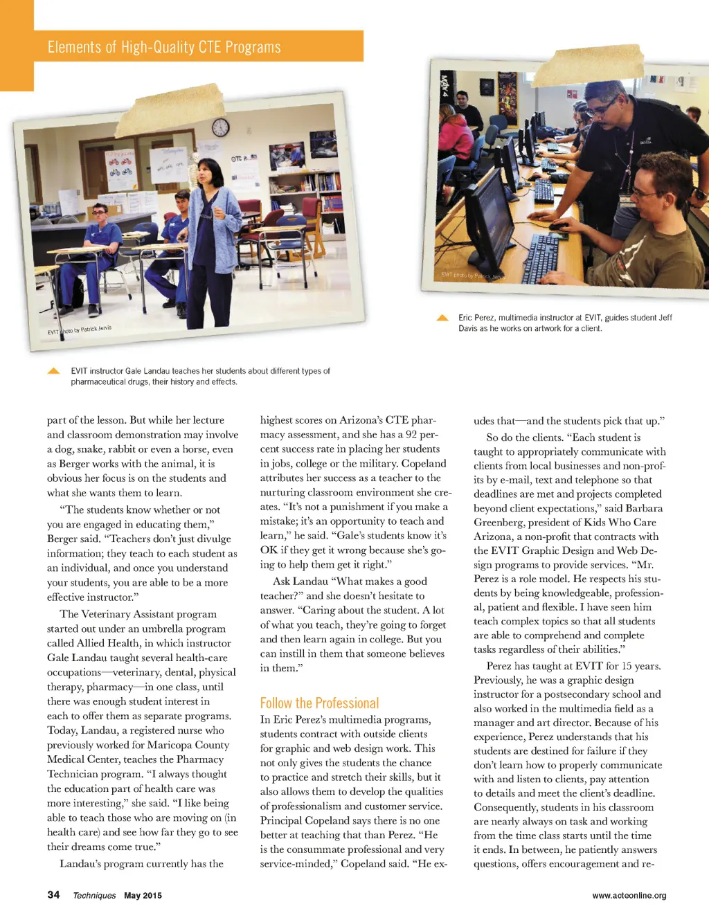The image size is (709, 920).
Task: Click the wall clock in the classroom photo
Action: (220, 127)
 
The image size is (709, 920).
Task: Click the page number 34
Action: (53, 894)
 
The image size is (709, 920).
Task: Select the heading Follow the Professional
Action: (319, 703)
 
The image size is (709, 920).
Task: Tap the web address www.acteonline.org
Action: (629, 895)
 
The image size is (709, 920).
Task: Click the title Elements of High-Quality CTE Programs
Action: (164, 47)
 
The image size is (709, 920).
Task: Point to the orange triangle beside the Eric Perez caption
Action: (442, 318)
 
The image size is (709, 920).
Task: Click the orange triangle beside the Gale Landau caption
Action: (53, 371)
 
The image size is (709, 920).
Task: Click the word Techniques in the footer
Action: (94, 895)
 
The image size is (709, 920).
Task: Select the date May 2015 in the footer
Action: (143, 895)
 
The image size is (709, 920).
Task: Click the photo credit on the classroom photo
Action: (79, 330)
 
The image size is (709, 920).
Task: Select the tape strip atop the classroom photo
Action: (170, 109)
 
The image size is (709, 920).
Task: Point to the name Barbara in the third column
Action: (644, 508)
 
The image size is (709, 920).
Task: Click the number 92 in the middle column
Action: (412, 435)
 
